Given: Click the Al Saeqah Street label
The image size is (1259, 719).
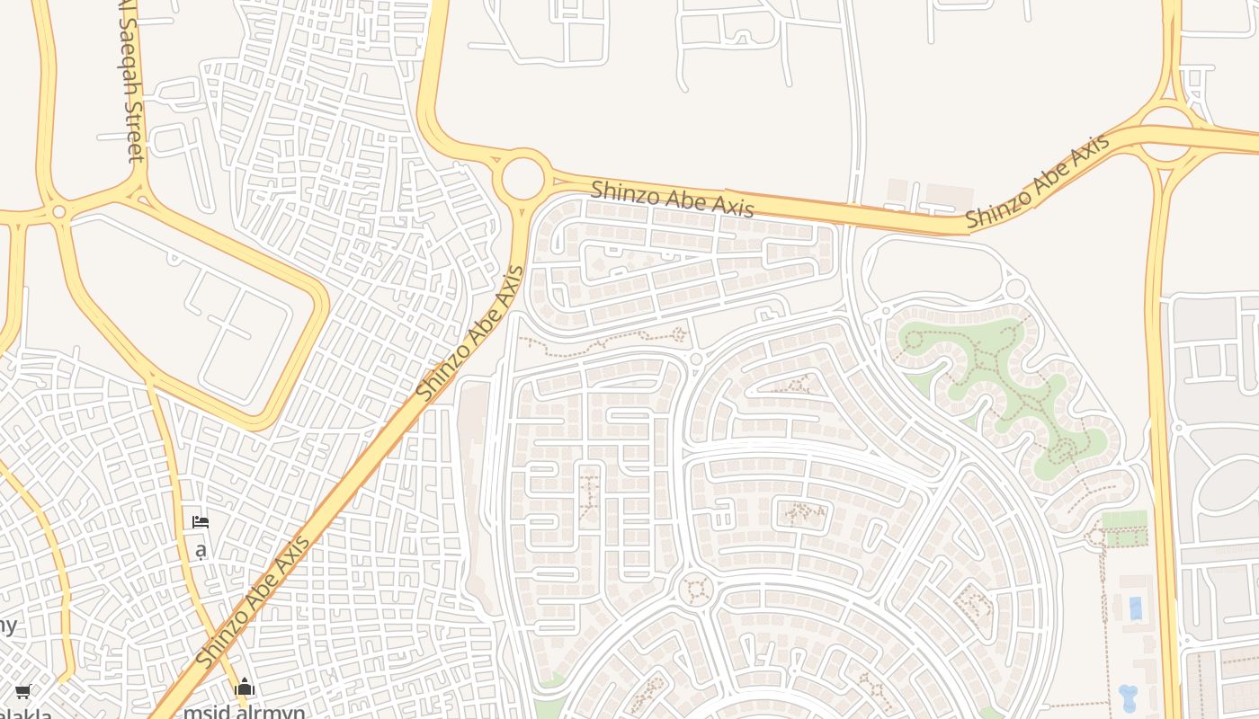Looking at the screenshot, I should [x=131, y=81].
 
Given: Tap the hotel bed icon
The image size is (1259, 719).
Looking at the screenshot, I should [x=201, y=521].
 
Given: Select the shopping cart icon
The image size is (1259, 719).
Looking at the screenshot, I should [x=22, y=691].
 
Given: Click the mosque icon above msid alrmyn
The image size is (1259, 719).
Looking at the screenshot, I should [x=245, y=688].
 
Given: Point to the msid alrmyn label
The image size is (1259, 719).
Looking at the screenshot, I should [x=244, y=711].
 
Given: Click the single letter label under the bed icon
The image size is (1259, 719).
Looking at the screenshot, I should [x=201, y=548].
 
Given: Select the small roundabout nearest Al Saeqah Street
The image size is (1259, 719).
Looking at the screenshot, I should [x=59, y=212].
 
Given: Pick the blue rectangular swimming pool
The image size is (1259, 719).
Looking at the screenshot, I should [x=1135, y=608].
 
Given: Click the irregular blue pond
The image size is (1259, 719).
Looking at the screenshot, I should [x=1128, y=697].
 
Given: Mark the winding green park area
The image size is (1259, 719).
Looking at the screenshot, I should [x=998, y=386].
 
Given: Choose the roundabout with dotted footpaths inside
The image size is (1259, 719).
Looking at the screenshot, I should [x=695, y=590].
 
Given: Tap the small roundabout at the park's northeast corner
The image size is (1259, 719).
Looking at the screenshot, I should [x=1015, y=288].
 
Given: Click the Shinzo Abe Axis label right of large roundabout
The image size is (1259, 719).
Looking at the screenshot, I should [x=672, y=198].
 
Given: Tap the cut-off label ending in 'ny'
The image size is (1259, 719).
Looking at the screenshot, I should [x=7, y=625].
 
